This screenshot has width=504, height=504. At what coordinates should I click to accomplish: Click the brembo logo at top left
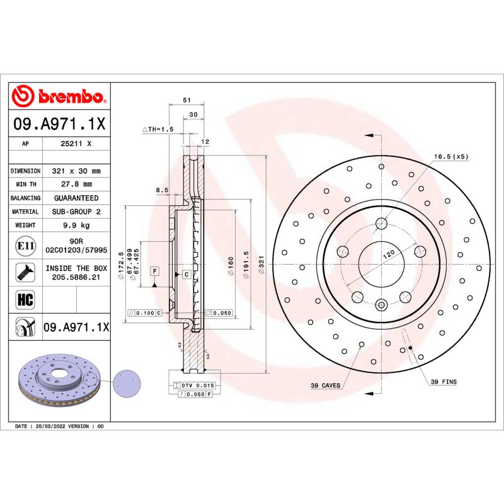pyautogui.click(x=60, y=96)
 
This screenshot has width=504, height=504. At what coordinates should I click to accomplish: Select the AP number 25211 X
pyautogui.click(x=76, y=144)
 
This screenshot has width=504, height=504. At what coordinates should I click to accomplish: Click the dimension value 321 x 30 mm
pyautogui.click(x=76, y=171)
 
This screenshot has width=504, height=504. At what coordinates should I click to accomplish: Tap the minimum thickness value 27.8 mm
pyautogui.click(x=76, y=184)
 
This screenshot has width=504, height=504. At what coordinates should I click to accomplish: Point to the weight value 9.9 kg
pyautogui.click(x=76, y=225)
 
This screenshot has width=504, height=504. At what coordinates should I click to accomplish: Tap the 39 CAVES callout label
pyautogui.click(x=325, y=385)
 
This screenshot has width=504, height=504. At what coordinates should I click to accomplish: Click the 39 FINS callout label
pyautogui.click(x=444, y=382)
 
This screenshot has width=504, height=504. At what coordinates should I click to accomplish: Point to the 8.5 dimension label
pyautogui.click(x=161, y=189)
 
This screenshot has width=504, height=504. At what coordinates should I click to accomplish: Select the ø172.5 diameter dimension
pyautogui.click(x=121, y=260)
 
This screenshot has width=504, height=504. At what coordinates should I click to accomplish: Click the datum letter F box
pyautogui.click(x=153, y=271)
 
